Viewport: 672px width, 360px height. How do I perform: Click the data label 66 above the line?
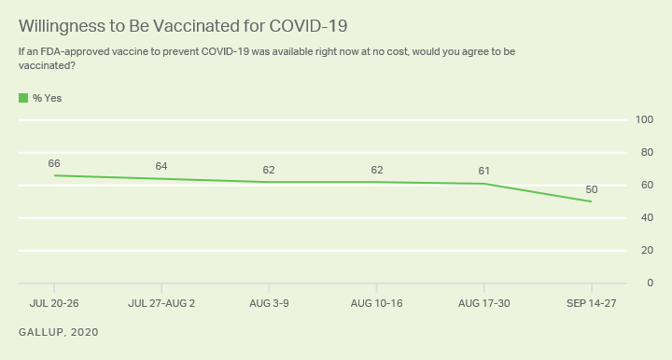coord(54,163)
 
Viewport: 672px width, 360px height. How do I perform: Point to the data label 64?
coord(161,166)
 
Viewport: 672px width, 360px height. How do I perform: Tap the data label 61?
coord(483,171)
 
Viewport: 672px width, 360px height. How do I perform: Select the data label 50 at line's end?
coord(592,189)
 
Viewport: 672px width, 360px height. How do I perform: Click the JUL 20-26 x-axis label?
coord(54,303)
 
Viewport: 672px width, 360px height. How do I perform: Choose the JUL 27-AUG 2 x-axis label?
coord(161,303)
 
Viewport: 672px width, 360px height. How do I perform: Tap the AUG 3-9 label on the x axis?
coord(269,303)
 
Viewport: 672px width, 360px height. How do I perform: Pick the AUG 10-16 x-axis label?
coord(377,303)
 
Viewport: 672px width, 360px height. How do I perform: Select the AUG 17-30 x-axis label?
coord(483,303)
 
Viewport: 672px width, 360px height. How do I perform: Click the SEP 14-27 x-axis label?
coord(592,303)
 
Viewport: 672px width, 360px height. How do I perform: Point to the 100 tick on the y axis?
coord(644,120)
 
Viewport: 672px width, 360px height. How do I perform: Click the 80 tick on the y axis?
coord(647,152)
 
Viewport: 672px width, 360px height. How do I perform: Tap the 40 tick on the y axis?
coord(647,217)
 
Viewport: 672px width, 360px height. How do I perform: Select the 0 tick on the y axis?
coord(651,283)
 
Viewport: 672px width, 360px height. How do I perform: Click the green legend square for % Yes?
coord(23,98)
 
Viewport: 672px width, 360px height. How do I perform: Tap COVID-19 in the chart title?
coord(308,26)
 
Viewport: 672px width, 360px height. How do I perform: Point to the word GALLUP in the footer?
coord(42,332)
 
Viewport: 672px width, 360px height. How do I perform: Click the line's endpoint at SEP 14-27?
coord(592,201)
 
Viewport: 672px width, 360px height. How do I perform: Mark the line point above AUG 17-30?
coord(483,184)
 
